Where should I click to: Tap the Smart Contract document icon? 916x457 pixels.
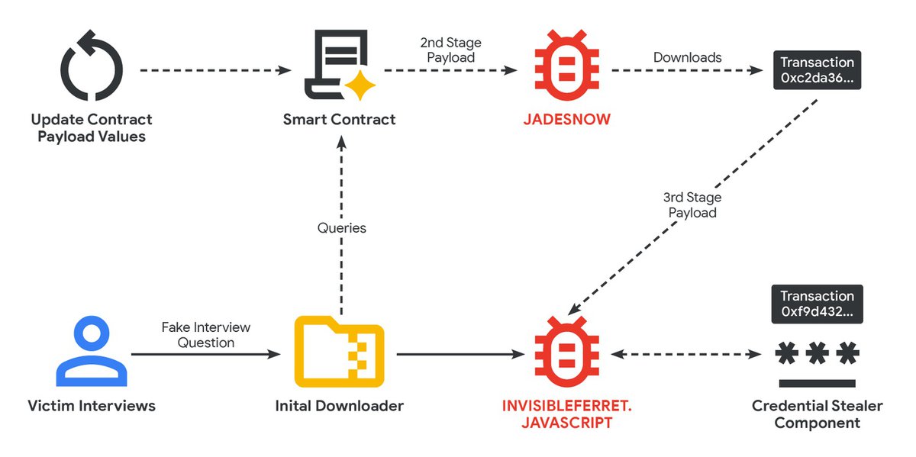(x=334, y=65)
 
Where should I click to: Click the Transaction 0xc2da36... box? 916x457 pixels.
(x=817, y=70)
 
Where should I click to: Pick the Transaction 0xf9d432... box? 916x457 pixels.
(x=817, y=304)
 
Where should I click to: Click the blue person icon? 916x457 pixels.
(x=91, y=353)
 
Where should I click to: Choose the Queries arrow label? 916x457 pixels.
(x=341, y=228)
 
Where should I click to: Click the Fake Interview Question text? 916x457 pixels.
(x=206, y=335)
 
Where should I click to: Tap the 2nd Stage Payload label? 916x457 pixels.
(x=450, y=50)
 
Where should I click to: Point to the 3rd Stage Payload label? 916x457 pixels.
(x=692, y=205)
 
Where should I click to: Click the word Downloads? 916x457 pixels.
(x=687, y=57)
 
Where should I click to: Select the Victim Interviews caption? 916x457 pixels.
(x=92, y=406)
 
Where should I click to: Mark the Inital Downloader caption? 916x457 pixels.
(x=339, y=406)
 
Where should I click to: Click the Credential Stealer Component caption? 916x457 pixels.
(x=817, y=414)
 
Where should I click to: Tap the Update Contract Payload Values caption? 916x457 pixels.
(x=92, y=128)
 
